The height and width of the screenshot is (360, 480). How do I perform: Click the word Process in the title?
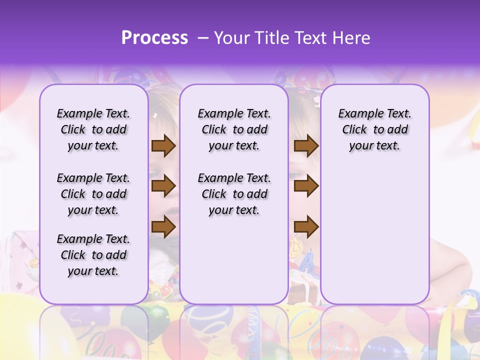click(154, 38)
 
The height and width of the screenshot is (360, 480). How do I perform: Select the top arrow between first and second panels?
click(163, 146)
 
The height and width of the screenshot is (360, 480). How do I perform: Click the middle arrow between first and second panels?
click(163, 186)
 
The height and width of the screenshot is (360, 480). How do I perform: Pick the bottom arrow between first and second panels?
click(163, 226)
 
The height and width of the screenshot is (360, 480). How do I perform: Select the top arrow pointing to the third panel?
click(306, 146)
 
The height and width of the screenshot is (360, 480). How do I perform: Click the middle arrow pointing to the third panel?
click(306, 186)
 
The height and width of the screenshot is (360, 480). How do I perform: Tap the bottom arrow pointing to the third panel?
click(306, 226)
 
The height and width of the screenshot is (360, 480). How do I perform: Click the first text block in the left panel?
click(93, 129)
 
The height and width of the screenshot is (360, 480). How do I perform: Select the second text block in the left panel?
click(93, 194)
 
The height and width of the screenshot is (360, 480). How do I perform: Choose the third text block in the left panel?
click(93, 255)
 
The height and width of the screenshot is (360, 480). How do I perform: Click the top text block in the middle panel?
click(234, 129)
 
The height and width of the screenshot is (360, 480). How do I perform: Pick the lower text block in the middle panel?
click(234, 194)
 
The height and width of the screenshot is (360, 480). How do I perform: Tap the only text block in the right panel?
click(374, 129)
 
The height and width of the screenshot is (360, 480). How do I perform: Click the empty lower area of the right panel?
click(374, 235)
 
